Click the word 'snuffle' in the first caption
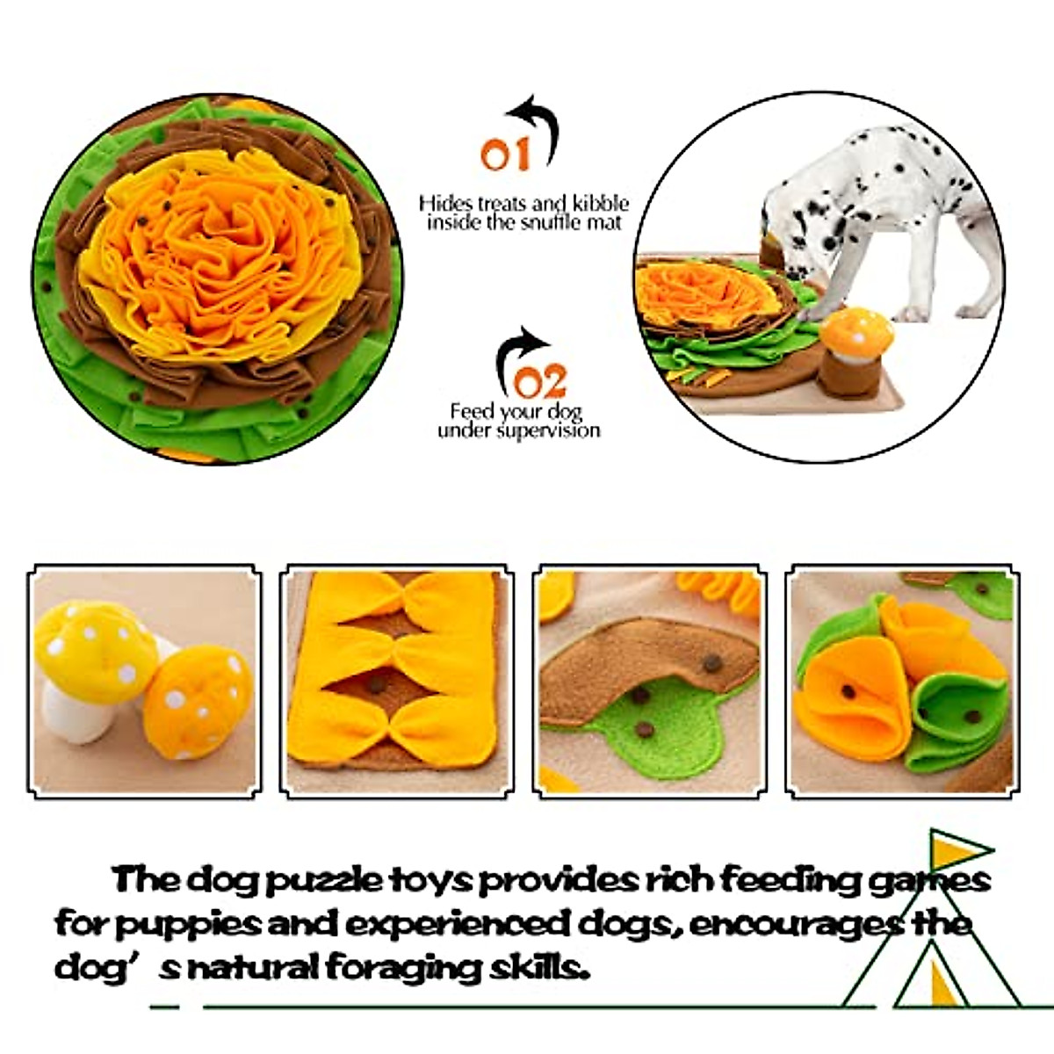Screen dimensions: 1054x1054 coord(550,223)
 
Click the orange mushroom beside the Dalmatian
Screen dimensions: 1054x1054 coord(856,334)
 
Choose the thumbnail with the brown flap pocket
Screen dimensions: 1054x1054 coord(650,681)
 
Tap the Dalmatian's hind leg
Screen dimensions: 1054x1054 coord(971,281)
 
